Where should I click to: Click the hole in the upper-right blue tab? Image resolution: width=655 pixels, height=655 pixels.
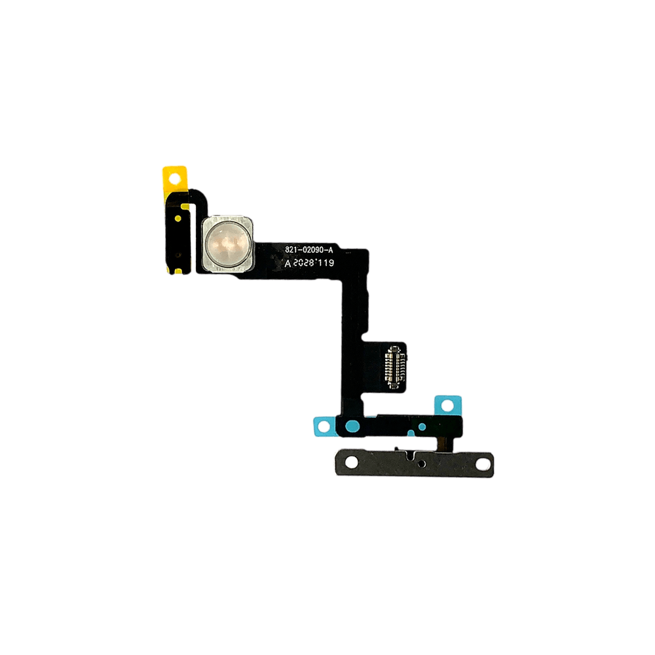pyautogui.click(x=449, y=405)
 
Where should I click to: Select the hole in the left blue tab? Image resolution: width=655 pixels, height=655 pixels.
pyautogui.click(x=324, y=428)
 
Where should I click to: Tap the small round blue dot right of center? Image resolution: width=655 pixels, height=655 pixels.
pyautogui.click(x=422, y=426)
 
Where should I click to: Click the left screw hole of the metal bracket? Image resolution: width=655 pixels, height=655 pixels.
pyautogui.click(x=351, y=462)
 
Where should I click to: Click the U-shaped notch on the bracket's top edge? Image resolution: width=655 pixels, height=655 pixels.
pyautogui.click(x=407, y=453)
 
